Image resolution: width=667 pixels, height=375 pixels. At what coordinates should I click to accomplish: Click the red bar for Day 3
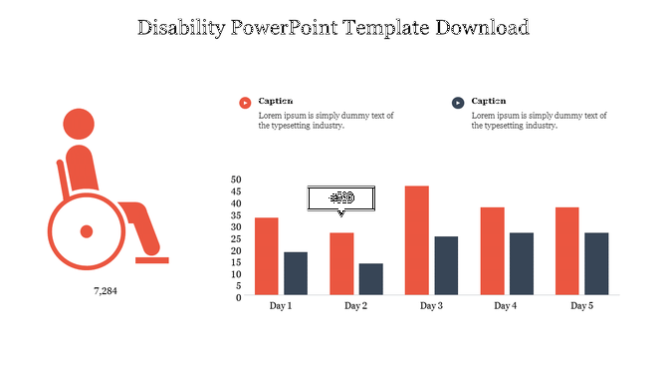(x=417, y=240)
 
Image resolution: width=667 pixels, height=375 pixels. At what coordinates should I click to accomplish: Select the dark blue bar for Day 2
(x=370, y=279)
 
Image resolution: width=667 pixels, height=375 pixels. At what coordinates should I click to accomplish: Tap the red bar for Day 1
(x=267, y=256)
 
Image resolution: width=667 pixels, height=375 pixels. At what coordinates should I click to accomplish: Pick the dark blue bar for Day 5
(x=596, y=263)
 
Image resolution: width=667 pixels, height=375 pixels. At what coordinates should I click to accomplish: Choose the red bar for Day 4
(x=493, y=251)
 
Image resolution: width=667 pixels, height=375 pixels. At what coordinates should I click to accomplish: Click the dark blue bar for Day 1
(x=296, y=273)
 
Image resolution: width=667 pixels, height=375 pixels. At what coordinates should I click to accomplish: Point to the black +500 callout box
(x=341, y=197)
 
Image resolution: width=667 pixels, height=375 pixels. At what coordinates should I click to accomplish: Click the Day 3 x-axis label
(x=431, y=306)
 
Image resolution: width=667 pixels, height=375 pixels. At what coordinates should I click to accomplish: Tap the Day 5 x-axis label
(x=582, y=306)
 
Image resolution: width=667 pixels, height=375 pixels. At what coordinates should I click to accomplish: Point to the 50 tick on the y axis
(x=236, y=181)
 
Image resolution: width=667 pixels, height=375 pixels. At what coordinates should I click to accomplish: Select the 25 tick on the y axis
(x=236, y=239)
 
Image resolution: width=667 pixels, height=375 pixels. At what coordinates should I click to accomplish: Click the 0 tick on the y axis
(x=239, y=297)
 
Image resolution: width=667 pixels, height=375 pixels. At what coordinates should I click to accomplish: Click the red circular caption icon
(x=245, y=103)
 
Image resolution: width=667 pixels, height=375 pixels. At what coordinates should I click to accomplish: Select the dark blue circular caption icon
(x=458, y=103)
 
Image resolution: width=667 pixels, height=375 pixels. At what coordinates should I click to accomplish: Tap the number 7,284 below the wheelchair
(x=106, y=292)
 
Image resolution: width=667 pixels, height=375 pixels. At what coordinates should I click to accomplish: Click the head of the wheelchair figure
(x=79, y=124)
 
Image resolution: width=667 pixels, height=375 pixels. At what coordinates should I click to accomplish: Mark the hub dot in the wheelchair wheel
(x=87, y=231)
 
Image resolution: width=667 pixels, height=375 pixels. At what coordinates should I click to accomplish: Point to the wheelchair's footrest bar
(x=152, y=260)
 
